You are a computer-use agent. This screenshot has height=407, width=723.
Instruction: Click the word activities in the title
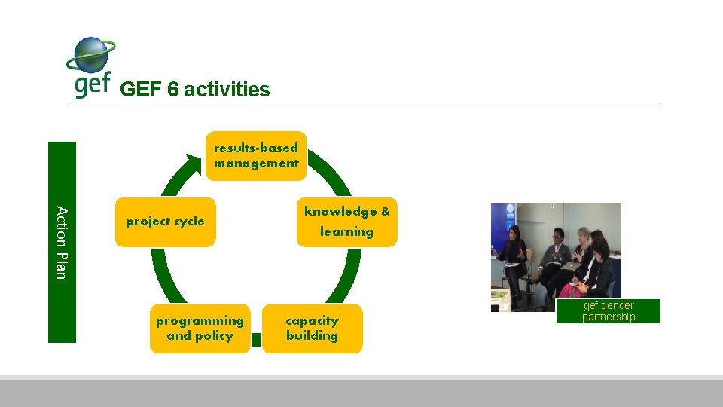226,90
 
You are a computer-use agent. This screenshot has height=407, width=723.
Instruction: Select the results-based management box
256,156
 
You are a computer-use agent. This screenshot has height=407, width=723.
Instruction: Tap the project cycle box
165,222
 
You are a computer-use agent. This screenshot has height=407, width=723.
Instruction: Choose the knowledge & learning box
346,222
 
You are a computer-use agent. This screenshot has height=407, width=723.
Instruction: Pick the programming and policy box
200,329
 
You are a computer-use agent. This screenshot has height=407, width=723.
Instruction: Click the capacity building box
312,329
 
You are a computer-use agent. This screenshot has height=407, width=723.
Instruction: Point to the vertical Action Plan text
63,242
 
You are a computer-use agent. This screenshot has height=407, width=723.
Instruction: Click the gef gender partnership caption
609,311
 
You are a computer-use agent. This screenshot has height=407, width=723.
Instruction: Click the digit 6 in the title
172,90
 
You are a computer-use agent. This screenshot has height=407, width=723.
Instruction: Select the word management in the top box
256,164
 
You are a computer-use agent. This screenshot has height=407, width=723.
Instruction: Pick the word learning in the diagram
346,232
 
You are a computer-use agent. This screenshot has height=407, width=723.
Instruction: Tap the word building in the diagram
312,336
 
